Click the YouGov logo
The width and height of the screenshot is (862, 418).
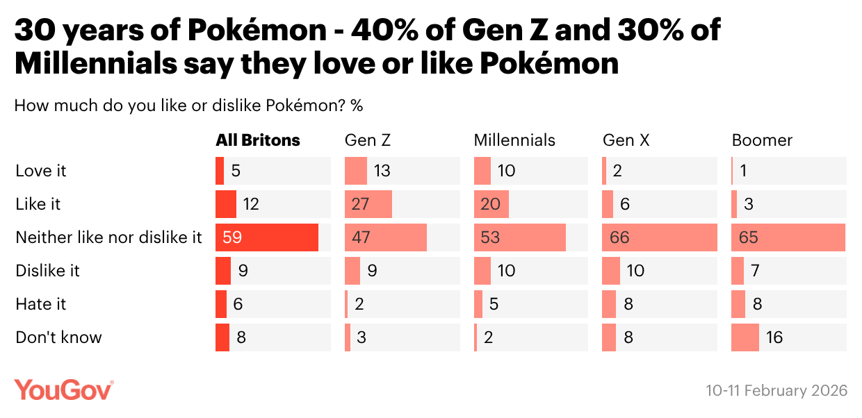(x=64, y=390)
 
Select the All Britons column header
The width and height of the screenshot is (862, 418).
(x=258, y=140)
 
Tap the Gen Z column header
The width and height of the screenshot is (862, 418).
(x=368, y=140)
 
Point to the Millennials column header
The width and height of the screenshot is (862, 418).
(x=514, y=140)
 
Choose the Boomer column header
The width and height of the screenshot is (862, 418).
(x=762, y=140)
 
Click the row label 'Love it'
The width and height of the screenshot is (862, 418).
(x=41, y=171)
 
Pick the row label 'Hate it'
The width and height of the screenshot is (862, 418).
(x=41, y=304)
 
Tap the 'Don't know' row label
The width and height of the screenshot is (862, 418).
(x=58, y=337)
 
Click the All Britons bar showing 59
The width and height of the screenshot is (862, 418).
(x=267, y=237)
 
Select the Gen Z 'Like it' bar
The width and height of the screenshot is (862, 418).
(x=368, y=204)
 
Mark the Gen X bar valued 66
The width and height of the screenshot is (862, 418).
(x=660, y=237)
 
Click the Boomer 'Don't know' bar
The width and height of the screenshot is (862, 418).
(x=745, y=337)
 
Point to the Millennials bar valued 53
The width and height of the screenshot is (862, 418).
(x=520, y=237)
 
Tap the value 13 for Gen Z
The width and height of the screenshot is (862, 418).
(x=382, y=171)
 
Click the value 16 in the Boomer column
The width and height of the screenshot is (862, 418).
(x=774, y=337)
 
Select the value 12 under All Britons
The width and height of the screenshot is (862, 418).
(x=251, y=204)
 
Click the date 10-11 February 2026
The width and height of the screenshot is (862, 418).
(x=776, y=390)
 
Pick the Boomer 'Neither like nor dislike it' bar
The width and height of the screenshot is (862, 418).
(x=788, y=237)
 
